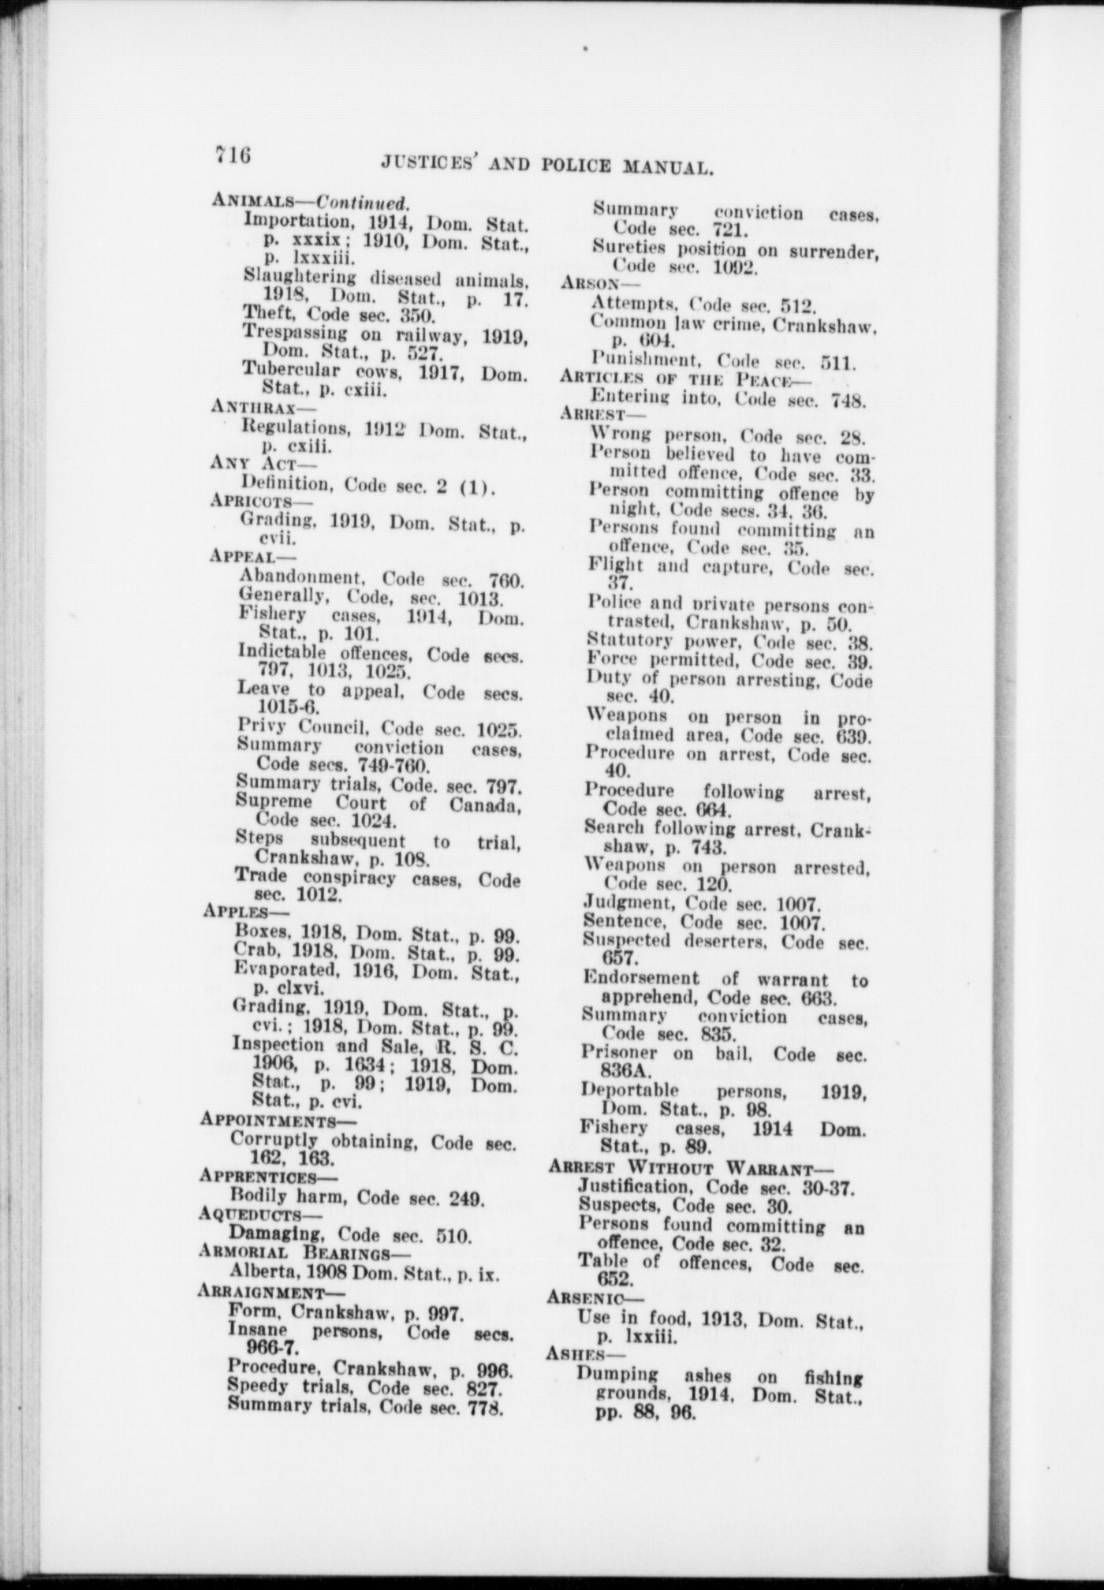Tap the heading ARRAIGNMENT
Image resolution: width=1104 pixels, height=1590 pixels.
tap(261, 1293)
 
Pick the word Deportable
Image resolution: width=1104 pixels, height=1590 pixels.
tap(628, 1092)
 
